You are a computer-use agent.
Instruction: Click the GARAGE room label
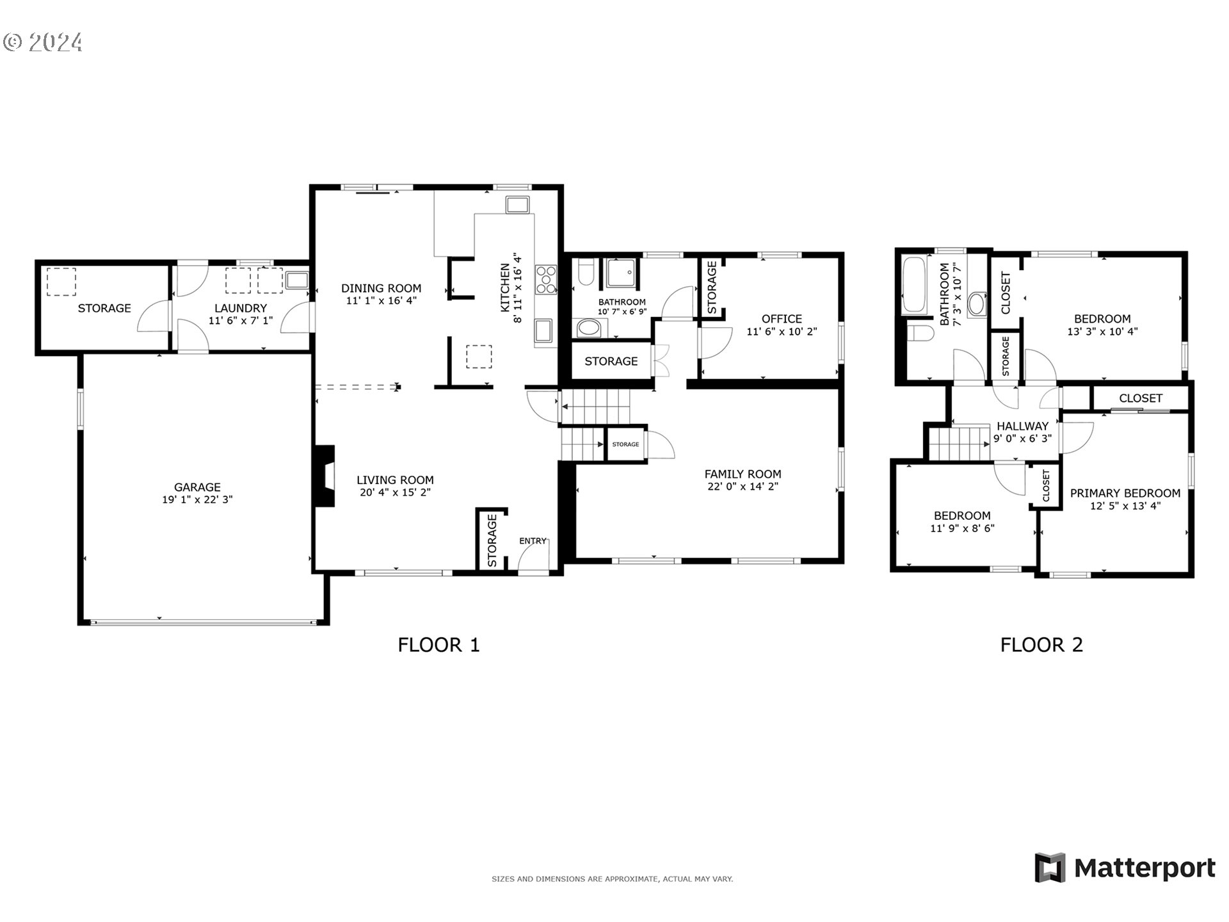(197, 487)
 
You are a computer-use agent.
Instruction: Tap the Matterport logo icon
(1050, 868)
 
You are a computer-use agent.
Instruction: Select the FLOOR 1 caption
(438, 645)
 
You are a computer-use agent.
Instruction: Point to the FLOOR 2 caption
(1041, 645)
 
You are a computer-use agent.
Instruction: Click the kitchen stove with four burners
(546, 280)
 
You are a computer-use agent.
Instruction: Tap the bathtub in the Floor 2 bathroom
(913, 286)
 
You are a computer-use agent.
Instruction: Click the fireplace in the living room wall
(326, 476)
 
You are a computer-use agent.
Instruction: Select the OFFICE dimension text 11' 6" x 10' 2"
(782, 332)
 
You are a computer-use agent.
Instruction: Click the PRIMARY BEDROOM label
(1125, 493)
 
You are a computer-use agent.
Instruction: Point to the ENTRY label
(533, 541)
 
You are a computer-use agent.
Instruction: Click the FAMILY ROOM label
(743, 474)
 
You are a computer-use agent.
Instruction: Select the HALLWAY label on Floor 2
(1023, 426)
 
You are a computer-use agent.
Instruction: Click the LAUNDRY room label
(241, 308)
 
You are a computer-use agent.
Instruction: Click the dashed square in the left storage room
(61, 282)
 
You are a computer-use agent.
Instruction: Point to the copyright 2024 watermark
(43, 43)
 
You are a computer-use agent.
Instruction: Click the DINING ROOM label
(381, 288)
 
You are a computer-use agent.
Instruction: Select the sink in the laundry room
(297, 280)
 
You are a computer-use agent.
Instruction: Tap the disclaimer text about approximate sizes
(612, 879)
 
